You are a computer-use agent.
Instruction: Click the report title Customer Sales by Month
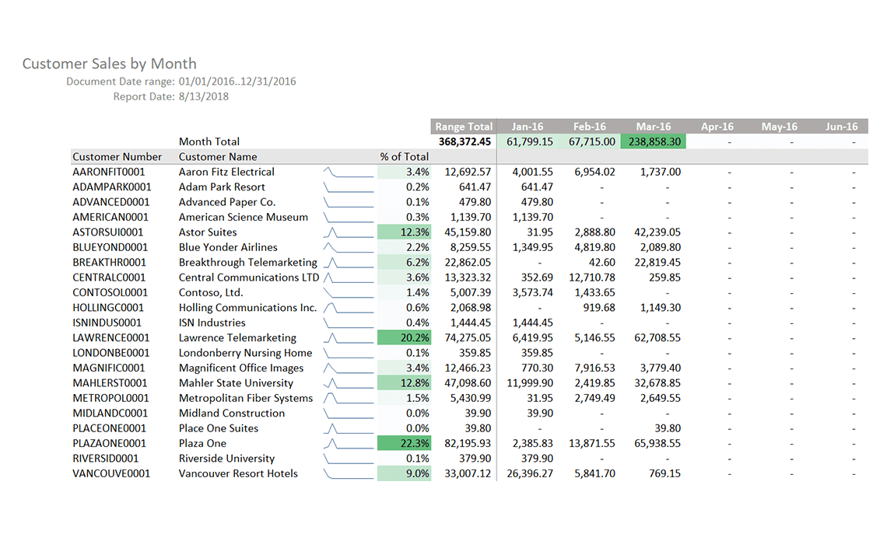pos(109,64)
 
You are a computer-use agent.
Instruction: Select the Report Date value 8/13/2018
pos(204,96)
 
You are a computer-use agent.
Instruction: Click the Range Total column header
pos(463,127)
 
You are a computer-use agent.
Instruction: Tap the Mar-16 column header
pos(653,127)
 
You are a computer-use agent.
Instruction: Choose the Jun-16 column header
pos(841,127)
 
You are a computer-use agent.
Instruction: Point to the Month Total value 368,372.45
pos(465,141)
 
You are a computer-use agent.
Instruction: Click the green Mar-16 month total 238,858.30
pos(652,141)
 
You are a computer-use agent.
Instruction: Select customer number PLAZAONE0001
pos(109,443)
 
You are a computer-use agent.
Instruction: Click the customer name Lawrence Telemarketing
pos(237,337)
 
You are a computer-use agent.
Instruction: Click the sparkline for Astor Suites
pos(348,232)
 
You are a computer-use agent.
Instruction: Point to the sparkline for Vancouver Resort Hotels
pos(348,473)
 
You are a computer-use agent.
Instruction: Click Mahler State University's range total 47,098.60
pos(465,382)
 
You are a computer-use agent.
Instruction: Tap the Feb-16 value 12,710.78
pos(591,277)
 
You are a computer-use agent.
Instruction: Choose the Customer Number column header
pos(117,156)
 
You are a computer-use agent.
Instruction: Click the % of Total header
pos(404,156)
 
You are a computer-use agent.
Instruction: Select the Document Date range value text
pos(237,81)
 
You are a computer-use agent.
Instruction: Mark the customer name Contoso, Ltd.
pos(211,292)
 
